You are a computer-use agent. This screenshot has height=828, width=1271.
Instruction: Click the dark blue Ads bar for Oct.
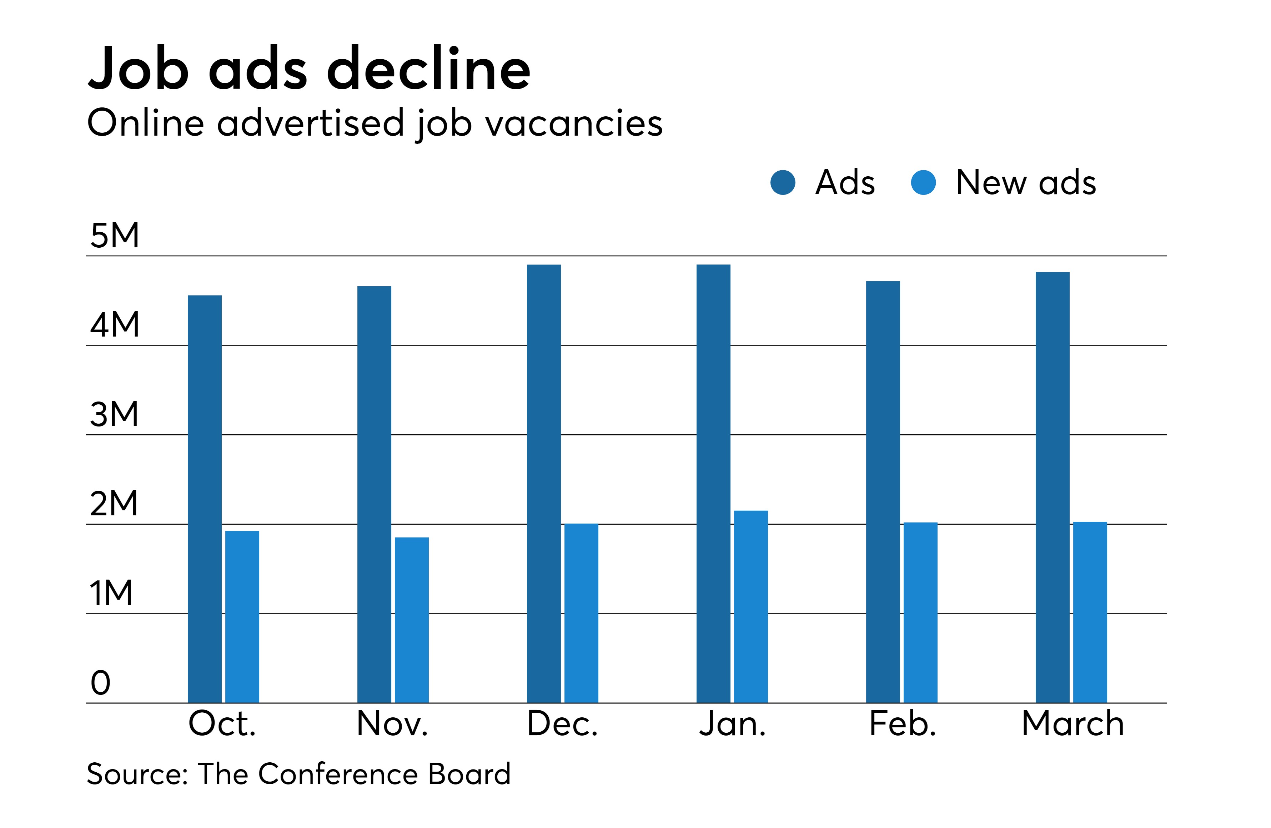point(205,499)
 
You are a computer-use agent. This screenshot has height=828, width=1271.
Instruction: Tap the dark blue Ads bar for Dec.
point(544,484)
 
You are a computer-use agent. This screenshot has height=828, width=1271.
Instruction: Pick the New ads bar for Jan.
point(750,606)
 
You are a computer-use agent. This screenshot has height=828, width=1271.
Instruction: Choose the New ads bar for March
point(1090,612)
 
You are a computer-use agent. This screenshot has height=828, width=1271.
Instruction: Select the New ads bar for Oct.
point(242,617)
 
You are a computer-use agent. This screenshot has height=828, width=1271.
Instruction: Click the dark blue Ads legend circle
point(783,183)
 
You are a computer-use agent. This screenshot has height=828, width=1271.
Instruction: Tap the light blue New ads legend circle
point(923,183)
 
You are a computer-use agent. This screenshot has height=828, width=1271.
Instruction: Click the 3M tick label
point(114,414)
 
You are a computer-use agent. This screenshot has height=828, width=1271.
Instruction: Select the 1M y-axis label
point(111,593)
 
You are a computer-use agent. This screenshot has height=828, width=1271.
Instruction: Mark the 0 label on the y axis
point(100,683)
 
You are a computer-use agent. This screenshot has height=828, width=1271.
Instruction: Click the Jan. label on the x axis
point(732,724)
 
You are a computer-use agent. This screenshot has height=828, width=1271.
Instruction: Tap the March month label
point(1072,724)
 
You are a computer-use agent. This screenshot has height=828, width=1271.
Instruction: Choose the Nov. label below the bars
point(392,724)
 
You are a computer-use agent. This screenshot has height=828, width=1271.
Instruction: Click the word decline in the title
point(428,69)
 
